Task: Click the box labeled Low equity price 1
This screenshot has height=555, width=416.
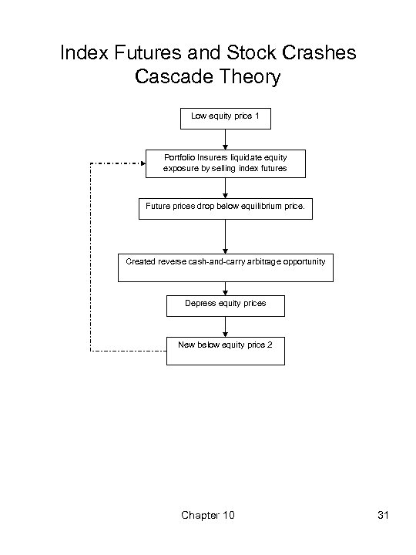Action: pyautogui.click(x=224, y=119)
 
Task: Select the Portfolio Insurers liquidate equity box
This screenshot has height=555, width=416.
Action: pyautogui.click(x=224, y=163)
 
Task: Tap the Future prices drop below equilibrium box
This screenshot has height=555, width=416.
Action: pyautogui.click(x=226, y=208)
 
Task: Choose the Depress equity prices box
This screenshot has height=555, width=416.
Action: pyautogui.click(x=225, y=306)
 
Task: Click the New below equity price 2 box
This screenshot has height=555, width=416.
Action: pyautogui.click(x=225, y=351)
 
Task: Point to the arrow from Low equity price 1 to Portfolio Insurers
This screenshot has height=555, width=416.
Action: pyautogui.click(x=225, y=139)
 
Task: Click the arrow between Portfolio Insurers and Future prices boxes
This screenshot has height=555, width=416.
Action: pyautogui.click(x=225, y=187)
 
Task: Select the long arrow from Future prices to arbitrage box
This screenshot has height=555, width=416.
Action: pyautogui.click(x=225, y=236)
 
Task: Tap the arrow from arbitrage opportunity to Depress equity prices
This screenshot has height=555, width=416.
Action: pyautogui.click(x=225, y=287)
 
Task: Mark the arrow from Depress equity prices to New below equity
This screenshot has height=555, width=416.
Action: pyautogui.click(x=225, y=327)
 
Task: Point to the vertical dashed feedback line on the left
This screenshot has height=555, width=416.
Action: pyautogui.click(x=91, y=257)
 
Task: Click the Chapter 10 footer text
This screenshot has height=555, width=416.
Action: pyautogui.click(x=207, y=514)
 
